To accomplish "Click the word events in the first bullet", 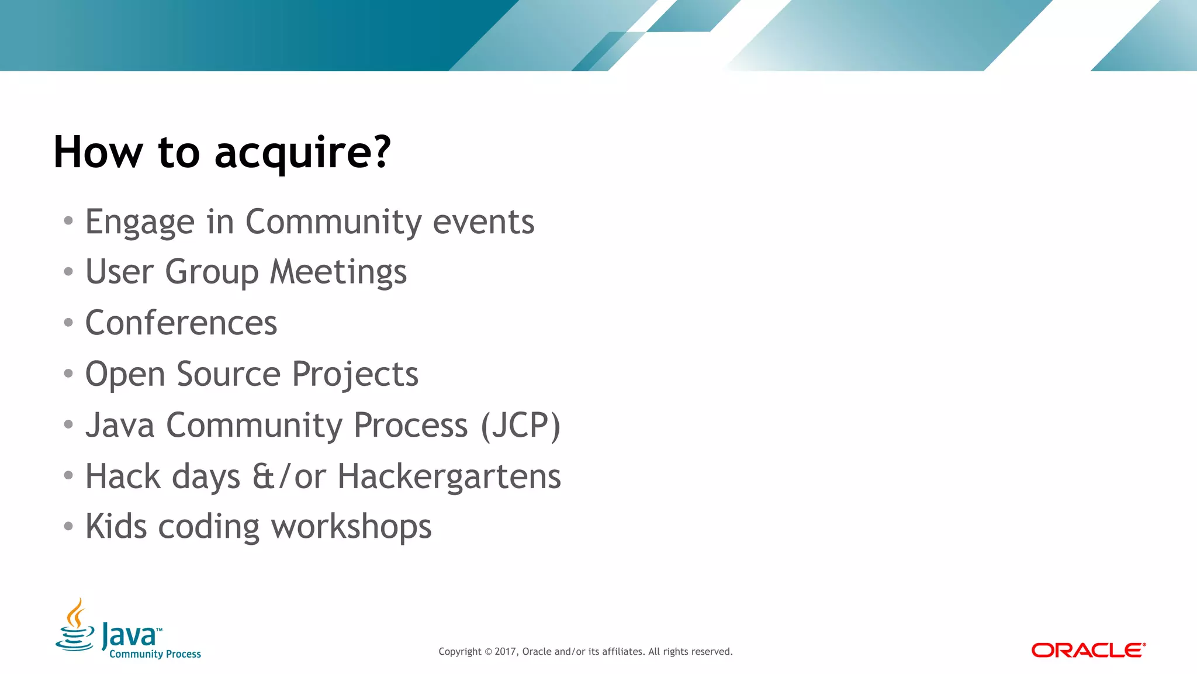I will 483,222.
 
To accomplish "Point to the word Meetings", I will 338,273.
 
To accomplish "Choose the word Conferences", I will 181,323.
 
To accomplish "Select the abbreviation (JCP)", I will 520,426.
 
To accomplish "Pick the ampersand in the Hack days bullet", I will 263,476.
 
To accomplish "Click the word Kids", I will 116,526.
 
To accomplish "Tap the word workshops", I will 351,527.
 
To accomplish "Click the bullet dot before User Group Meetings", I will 68,272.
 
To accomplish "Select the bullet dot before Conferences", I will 68,323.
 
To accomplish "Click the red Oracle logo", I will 1088,650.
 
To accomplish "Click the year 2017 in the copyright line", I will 506,652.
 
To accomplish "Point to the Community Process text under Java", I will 155,654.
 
